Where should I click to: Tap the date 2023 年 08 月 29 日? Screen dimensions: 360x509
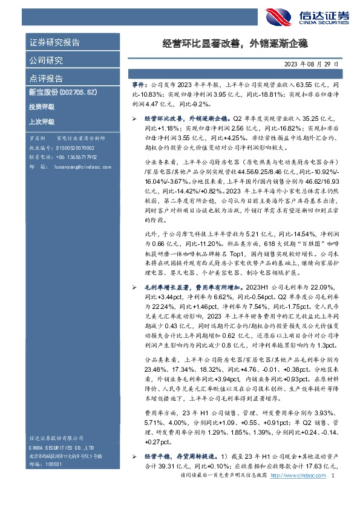point(312,63)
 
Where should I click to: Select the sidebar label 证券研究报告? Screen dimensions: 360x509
point(54,43)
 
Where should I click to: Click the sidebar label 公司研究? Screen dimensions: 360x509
point(46,60)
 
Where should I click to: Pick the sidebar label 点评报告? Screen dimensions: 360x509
point(46,79)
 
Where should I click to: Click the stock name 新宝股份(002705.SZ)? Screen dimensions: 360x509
point(61,92)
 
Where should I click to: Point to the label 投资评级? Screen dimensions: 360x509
point(41,107)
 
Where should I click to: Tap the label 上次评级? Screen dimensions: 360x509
point(41,122)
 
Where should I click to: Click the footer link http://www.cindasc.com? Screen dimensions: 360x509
point(295,493)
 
